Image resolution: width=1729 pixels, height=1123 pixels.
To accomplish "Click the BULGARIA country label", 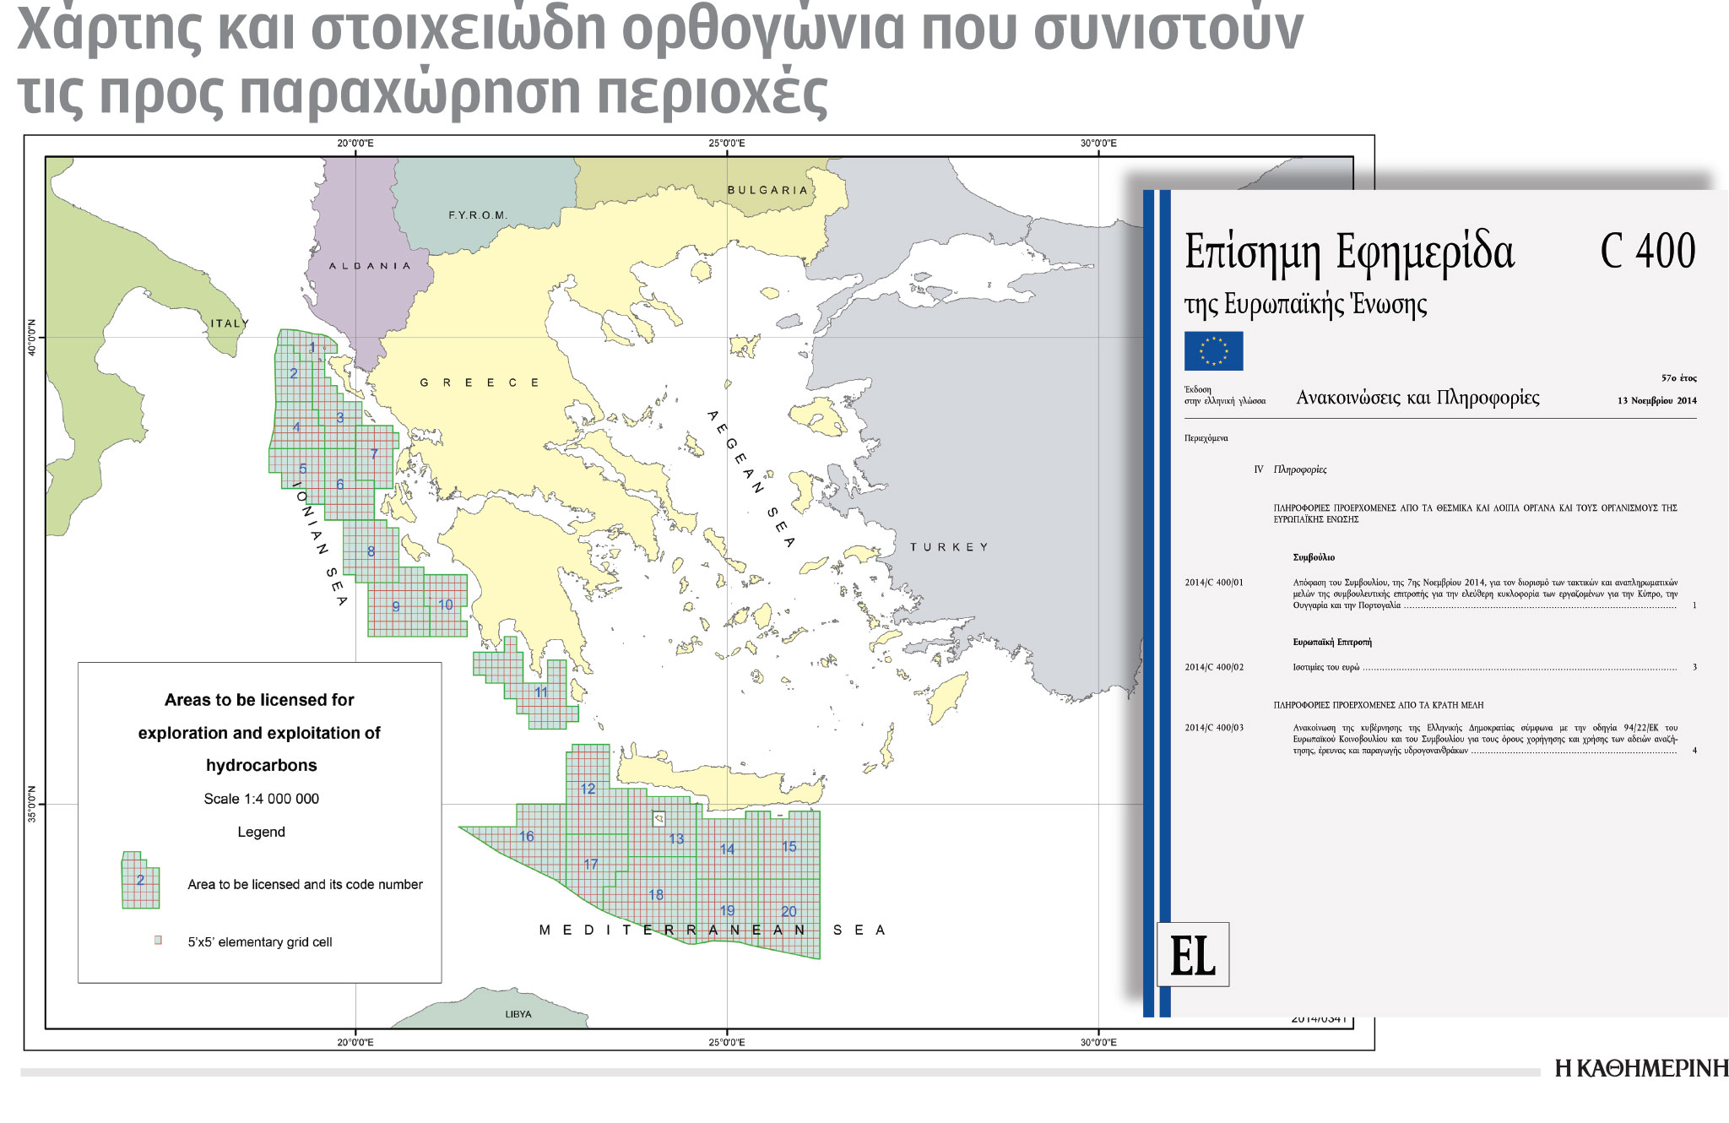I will (767, 190).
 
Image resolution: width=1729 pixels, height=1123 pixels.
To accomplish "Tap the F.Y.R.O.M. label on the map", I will (478, 215).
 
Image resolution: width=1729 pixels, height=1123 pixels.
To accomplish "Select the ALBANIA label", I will (370, 266).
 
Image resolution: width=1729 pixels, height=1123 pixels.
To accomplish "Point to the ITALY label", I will (230, 323).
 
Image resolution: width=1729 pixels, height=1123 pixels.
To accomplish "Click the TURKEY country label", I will (949, 547).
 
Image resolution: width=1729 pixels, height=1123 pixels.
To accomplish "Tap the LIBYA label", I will (518, 1014).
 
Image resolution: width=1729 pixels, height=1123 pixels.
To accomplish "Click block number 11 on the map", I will (541, 692).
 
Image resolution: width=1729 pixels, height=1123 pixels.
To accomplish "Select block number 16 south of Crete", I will (527, 836).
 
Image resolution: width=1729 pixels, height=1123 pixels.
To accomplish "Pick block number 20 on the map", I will (789, 911).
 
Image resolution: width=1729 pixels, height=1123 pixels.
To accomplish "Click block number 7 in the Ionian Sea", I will (374, 454).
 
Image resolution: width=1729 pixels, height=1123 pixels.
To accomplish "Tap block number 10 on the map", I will (446, 605).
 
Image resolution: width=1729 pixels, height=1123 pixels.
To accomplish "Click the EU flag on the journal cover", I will (1213, 350).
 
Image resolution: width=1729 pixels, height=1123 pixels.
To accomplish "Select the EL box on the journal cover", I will (1192, 955).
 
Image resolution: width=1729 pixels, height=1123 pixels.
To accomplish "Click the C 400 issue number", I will (1647, 251).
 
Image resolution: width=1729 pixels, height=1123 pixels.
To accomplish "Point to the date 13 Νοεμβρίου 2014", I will (1656, 400).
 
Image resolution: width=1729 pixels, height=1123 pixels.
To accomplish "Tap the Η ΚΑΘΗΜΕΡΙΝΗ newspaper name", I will (1640, 1069).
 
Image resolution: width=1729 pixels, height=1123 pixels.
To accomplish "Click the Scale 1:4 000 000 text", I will (261, 799).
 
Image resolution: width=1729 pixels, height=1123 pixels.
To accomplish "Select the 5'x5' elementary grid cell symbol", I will (158, 940).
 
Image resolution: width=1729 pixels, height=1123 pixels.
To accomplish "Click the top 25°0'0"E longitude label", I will (727, 144).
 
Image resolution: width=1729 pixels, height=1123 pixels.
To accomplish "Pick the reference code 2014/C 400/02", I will (1214, 667).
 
